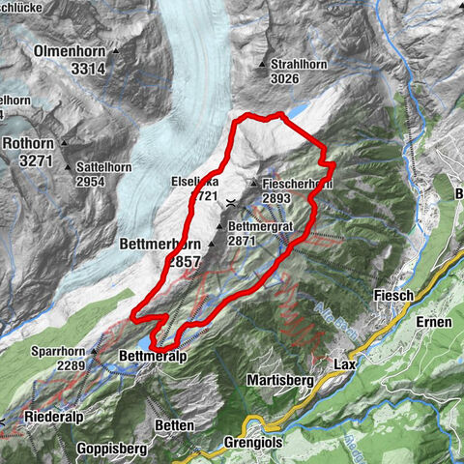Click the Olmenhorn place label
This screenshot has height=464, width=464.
point(69,50)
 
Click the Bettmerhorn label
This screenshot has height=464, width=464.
point(160,245)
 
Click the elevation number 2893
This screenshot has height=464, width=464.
point(271,196)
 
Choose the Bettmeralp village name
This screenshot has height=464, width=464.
point(151,357)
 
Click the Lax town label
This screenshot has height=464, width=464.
point(344,364)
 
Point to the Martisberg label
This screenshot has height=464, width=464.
point(279,382)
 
